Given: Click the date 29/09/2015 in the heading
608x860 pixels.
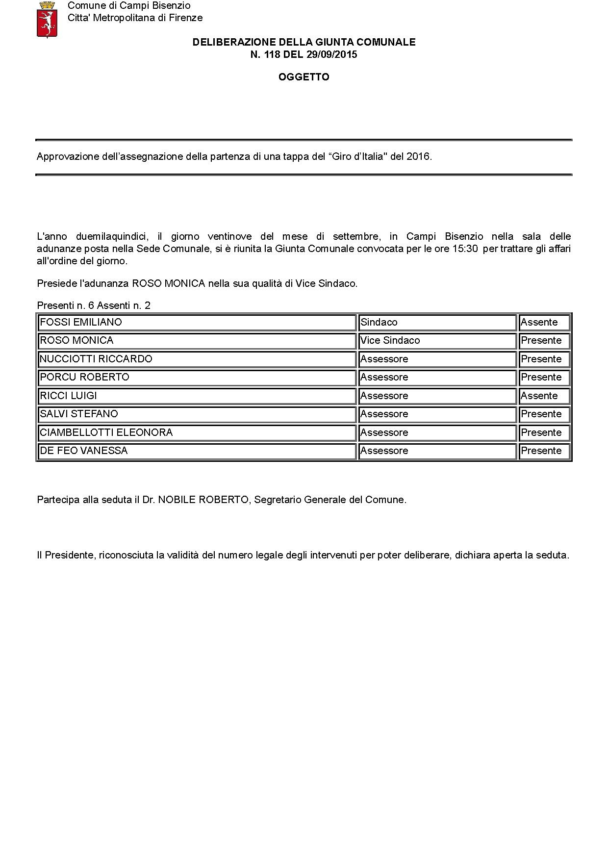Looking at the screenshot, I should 332,54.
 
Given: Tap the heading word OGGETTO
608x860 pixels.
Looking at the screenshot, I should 304,77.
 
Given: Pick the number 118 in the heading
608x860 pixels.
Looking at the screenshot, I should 272,54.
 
